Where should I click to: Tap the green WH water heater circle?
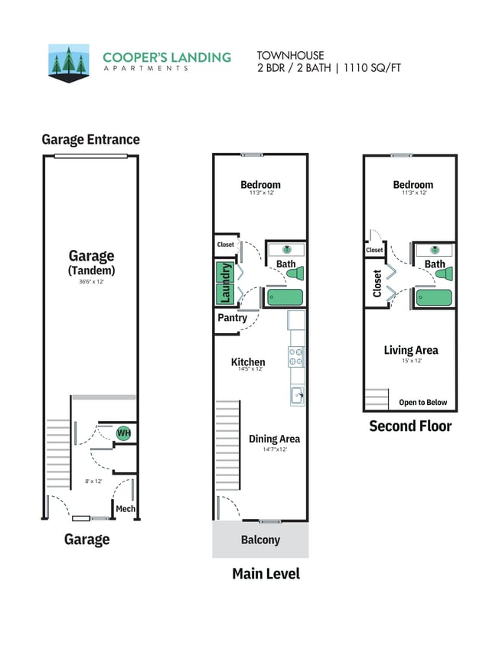point(123,434)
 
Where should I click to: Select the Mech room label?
point(125,509)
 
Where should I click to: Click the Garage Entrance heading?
point(90,139)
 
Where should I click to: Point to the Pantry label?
point(232,317)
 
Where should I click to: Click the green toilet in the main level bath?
point(296,273)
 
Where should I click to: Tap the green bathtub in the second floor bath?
point(434,297)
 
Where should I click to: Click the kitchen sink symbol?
point(297,395)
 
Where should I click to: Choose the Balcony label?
point(260,540)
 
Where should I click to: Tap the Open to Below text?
point(422,403)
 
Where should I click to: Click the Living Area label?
point(411,350)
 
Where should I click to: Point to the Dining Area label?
point(274,439)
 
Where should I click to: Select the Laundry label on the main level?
point(225,283)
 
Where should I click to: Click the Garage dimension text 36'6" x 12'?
point(91,282)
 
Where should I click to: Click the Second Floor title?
point(410,426)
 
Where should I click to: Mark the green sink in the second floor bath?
point(435,249)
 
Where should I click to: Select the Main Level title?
point(266,573)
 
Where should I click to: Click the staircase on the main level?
point(228,443)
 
